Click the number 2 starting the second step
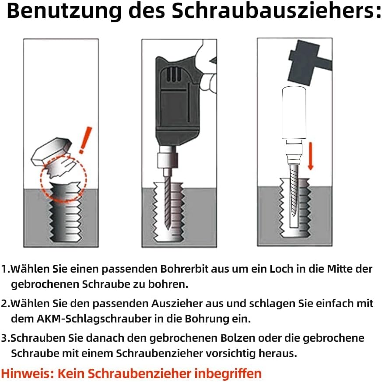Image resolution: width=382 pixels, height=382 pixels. (4, 303)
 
